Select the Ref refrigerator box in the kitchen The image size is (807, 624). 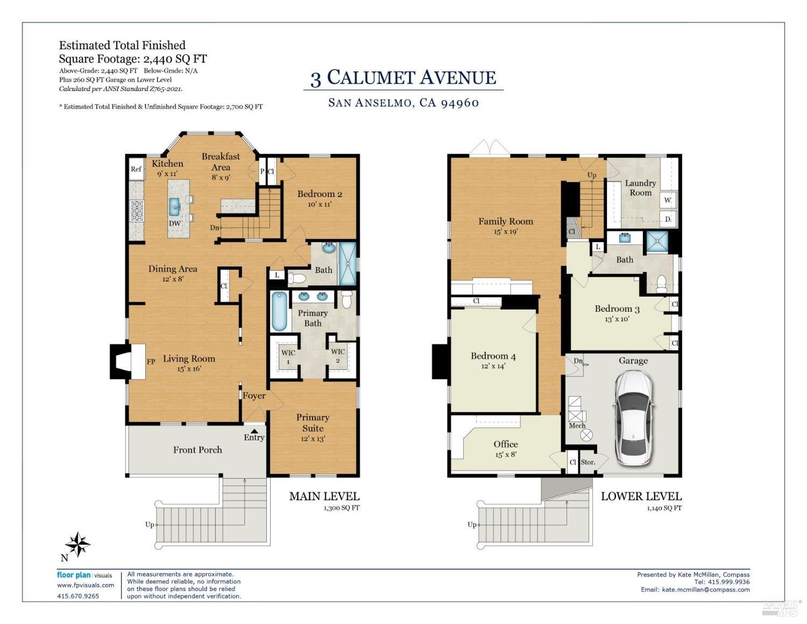point(136,169)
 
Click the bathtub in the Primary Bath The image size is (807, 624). point(279,311)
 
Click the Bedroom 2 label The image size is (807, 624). point(320,194)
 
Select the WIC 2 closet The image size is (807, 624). point(338,356)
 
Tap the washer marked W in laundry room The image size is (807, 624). point(668,200)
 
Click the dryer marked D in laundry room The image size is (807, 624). point(668,219)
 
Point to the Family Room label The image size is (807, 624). point(506,221)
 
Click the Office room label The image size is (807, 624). point(506,444)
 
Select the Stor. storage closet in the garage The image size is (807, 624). point(588,462)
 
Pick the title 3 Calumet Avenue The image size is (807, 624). point(403,78)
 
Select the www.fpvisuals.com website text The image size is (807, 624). point(86,585)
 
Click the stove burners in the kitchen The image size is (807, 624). point(137,211)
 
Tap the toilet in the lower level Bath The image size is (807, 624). point(662,283)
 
